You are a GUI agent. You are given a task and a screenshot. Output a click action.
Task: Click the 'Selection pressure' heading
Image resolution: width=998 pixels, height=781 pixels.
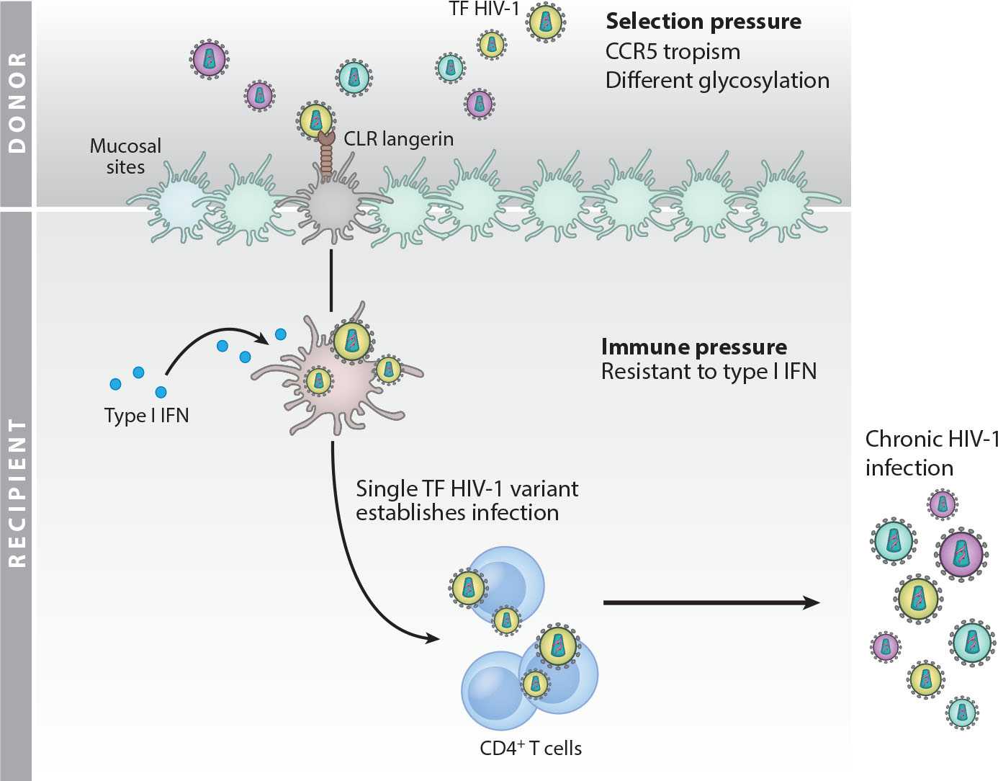(703, 22)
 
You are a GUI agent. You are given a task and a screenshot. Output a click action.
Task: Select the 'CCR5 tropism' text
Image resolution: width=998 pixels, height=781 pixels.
(673, 52)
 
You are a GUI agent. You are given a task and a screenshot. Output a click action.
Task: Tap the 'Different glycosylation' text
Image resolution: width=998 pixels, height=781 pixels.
(717, 80)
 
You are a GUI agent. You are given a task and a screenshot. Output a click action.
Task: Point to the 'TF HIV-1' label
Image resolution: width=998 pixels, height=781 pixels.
(484, 9)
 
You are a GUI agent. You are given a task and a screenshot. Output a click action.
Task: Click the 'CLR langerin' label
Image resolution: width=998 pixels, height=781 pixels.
(398, 138)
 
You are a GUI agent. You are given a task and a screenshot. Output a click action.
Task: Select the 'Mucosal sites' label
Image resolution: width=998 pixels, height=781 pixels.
(125, 156)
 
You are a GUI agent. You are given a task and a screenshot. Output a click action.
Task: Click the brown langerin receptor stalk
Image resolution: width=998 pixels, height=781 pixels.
(326, 159)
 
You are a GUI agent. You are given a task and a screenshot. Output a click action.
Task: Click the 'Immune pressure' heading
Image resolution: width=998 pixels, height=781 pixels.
(693, 347)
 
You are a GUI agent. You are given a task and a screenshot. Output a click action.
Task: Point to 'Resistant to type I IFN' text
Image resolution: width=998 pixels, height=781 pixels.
(709, 372)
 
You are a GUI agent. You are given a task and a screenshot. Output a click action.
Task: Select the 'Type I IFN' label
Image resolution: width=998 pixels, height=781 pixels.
(146, 416)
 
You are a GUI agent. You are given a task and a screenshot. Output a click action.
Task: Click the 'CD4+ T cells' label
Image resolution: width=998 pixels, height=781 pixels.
(531, 749)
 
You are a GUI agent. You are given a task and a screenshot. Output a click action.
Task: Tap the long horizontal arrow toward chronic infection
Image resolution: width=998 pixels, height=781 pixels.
(709, 602)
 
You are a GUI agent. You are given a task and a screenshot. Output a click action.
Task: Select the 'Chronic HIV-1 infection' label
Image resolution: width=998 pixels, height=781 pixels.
(931, 453)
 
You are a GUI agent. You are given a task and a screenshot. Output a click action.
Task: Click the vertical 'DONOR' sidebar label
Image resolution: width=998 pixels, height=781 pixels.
(16, 103)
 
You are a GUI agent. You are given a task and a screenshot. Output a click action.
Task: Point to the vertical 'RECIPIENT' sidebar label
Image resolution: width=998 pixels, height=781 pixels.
(16, 494)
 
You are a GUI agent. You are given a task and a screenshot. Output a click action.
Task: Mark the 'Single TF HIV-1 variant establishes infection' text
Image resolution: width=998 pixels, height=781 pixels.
(466, 501)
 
